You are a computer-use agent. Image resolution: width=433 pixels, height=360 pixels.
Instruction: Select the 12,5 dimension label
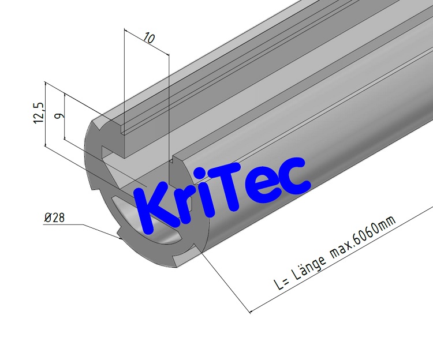(x=39, y=112)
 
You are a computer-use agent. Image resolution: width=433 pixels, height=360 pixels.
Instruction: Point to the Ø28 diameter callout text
(x=54, y=217)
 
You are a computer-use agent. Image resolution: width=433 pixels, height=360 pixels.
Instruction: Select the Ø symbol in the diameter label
(x=47, y=217)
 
